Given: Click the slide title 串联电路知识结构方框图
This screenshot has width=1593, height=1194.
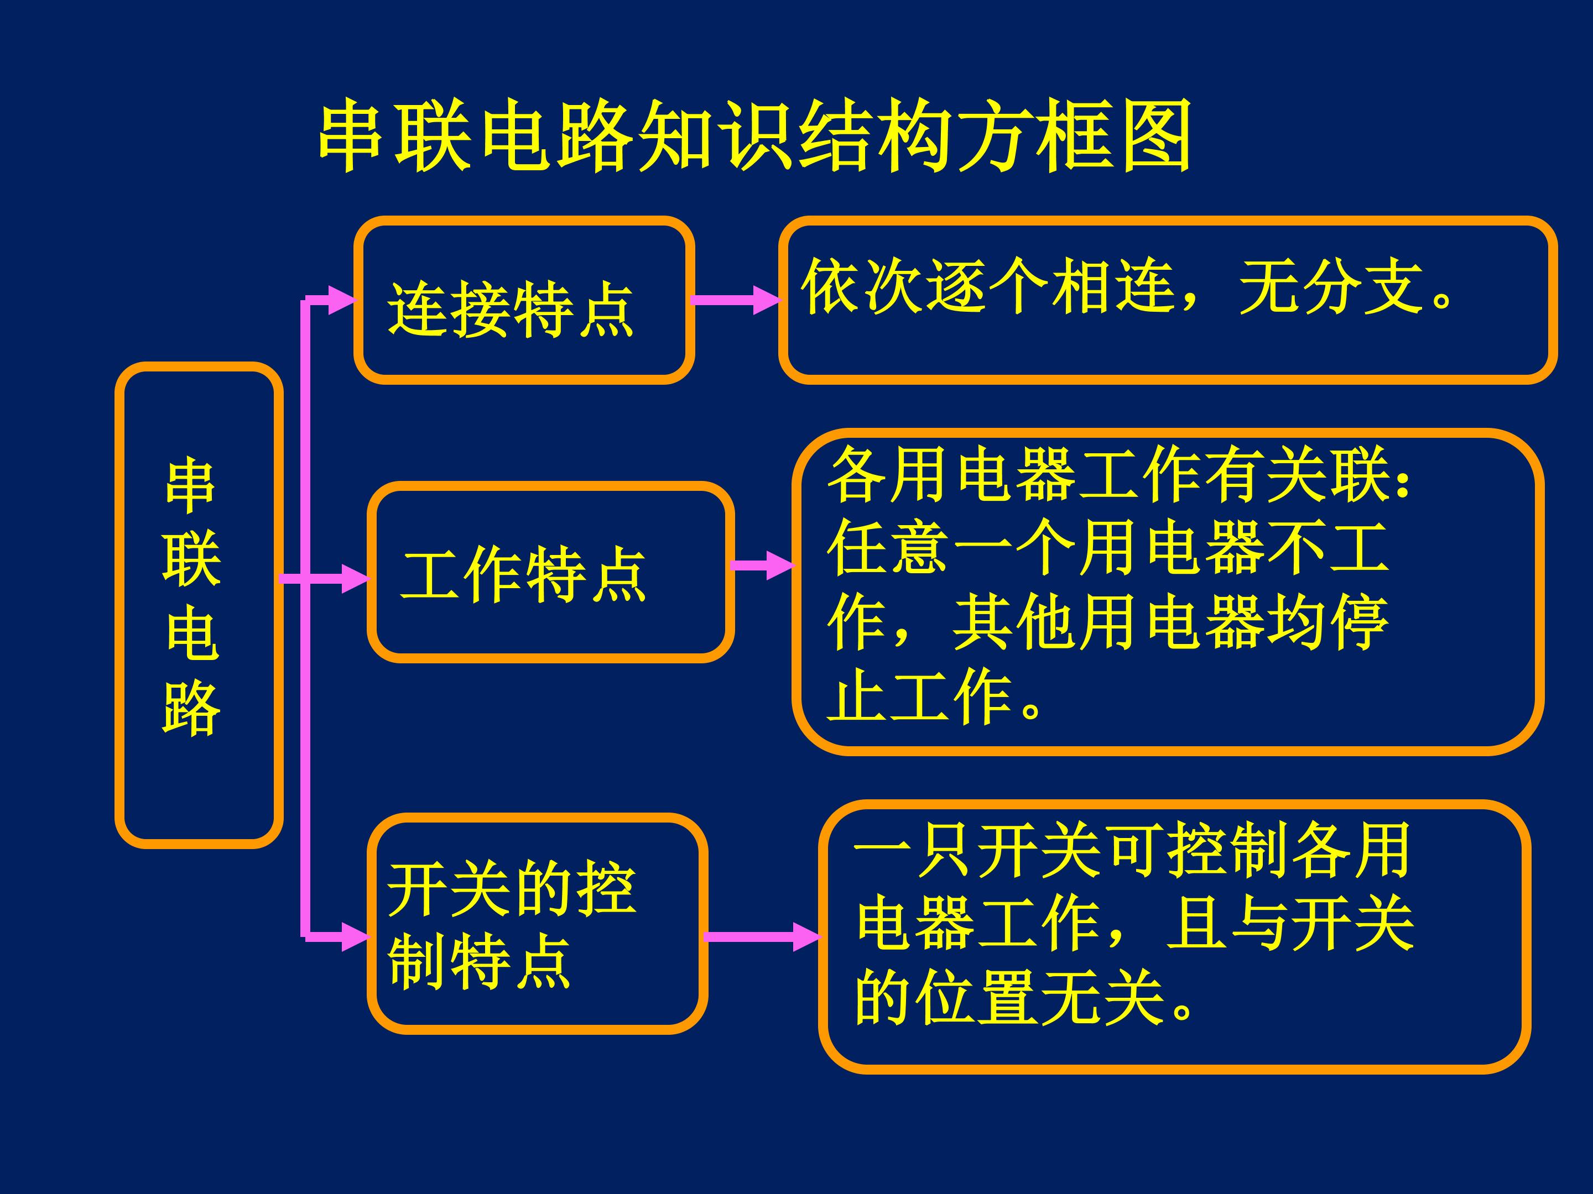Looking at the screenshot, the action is [x=754, y=137].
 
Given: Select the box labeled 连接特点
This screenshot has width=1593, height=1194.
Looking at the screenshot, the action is [x=524, y=300].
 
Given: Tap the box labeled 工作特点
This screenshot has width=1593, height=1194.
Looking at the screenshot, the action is [x=551, y=572].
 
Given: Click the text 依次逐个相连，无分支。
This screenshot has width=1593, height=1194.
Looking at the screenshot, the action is [x=1128, y=286].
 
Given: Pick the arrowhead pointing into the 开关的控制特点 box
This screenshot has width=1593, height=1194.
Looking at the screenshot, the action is [x=356, y=937].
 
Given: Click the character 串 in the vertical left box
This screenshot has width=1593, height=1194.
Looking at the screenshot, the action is [x=191, y=486].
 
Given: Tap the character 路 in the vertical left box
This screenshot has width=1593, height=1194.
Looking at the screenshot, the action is [x=191, y=708].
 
